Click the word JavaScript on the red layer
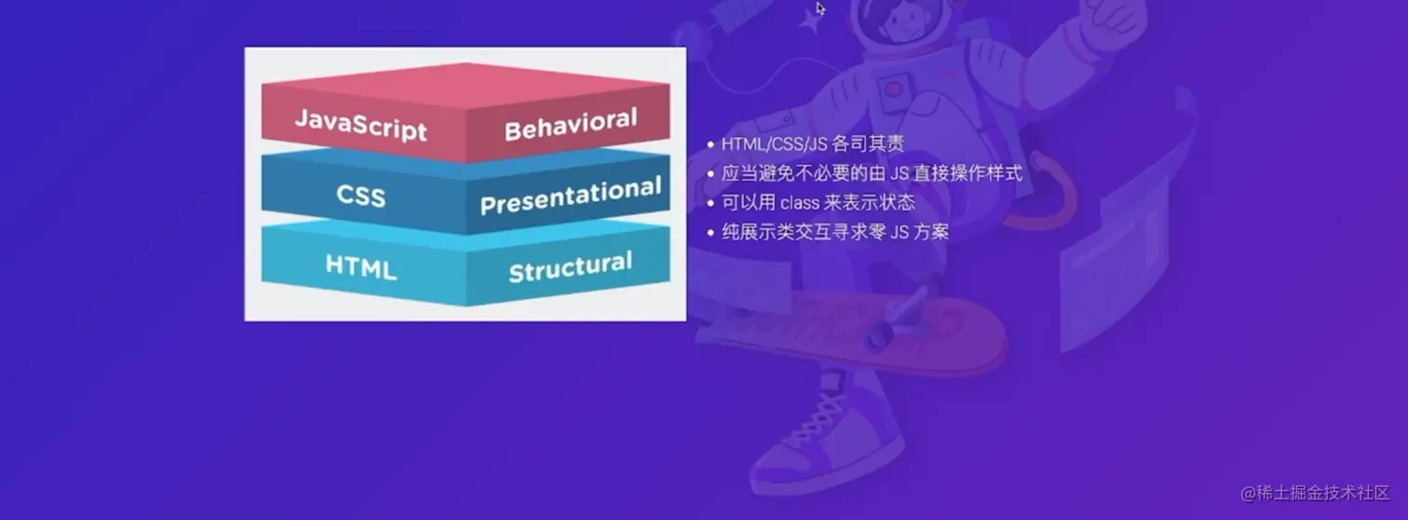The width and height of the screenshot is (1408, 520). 360,125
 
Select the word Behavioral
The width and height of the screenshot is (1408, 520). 571,124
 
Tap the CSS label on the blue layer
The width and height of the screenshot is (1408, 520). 360,197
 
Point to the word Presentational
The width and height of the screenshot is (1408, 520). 571,196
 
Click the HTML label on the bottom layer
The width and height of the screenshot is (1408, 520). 360,267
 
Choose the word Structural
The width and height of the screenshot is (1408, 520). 571,267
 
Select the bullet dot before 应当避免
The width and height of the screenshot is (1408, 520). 711,173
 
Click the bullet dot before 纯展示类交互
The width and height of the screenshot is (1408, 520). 711,233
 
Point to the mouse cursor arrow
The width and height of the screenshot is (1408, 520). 820,8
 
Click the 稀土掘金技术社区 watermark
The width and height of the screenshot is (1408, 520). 1315,493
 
